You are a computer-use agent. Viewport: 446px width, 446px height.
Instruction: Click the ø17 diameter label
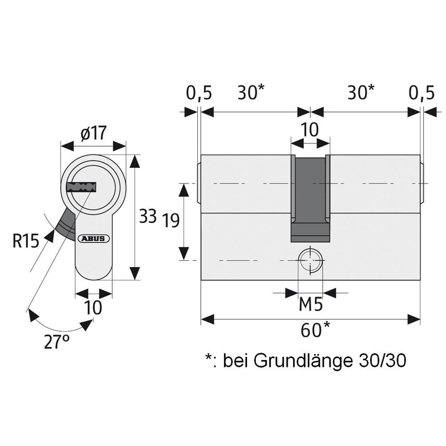94,134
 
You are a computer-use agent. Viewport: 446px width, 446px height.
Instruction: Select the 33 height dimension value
147,216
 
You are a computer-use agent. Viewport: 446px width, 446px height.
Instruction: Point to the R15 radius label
25,242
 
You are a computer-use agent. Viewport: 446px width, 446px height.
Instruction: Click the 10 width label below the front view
94,308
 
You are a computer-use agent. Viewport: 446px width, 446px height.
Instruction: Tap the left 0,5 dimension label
198,93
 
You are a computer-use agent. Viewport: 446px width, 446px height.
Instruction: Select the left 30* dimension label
251,93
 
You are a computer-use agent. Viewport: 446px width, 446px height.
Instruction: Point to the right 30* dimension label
361,93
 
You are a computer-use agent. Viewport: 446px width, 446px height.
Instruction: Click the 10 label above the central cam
309,129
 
